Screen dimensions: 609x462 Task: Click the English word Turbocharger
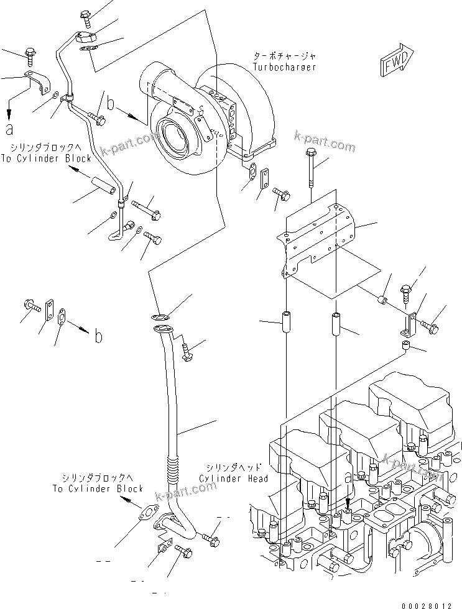pyautogui.click(x=284, y=66)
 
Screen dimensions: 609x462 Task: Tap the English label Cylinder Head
pyautogui.click(x=234, y=478)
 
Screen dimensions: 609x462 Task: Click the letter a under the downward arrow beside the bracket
pyautogui.click(x=9, y=129)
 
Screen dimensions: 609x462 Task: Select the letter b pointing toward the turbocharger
pyautogui.click(x=111, y=104)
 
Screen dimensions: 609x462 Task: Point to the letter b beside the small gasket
pyautogui.click(x=98, y=337)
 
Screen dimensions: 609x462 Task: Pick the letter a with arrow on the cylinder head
pyautogui.click(x=348, y=478)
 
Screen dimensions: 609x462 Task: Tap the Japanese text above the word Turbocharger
pyautogui.click(x=284, y=56)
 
